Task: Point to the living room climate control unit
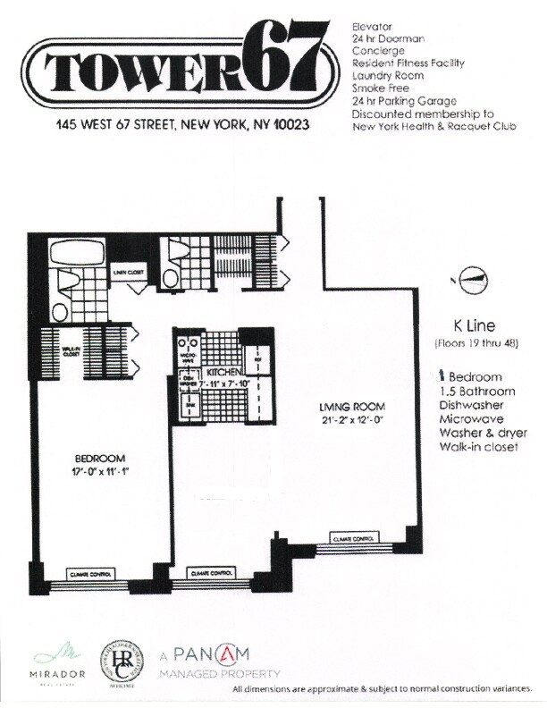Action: pyautogui.click(x=353, y=541)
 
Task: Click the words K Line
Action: pyautogui.click(x=468, y=326)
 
